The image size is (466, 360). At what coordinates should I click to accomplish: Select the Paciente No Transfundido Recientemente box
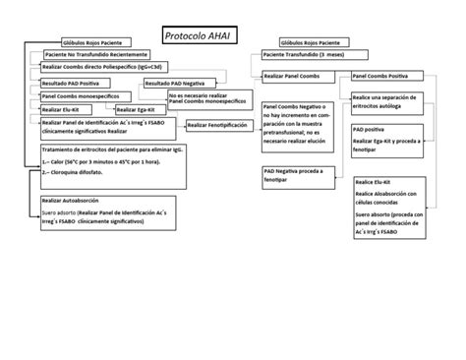pos(95,55)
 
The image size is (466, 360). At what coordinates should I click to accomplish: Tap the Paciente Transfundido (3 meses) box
pos(304,56)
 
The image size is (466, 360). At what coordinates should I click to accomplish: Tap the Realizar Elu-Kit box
pos(61,109)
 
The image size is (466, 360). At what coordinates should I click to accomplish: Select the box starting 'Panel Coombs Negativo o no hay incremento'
pos(298,123)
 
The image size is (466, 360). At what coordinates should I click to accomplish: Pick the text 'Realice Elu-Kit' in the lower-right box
pos(378,183)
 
